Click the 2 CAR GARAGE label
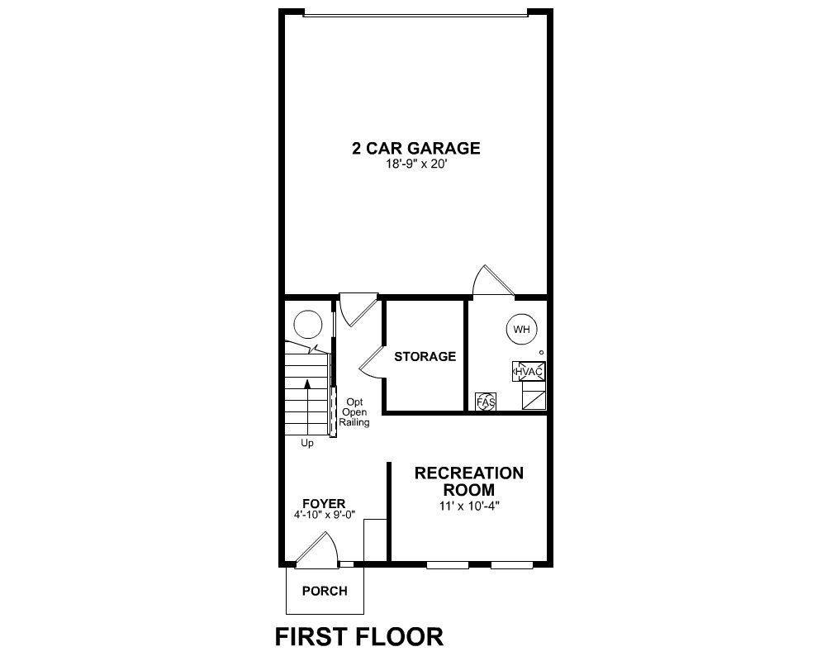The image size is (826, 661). (x=416, y=148)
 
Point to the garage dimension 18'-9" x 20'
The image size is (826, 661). (x=416, y=164)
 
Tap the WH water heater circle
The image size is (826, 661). (x=521, y=330)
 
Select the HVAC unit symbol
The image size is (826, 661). (x=529, y=372)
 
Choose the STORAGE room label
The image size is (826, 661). (x=425, y=357)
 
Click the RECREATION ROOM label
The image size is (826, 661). (x=469, y=481)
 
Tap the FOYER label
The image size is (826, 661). (x=324, y=504)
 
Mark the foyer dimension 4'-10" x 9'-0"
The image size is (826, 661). (x=325, y=515)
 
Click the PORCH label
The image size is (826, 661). (x=325, y=592)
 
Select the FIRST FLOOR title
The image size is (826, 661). (x=358, y=637)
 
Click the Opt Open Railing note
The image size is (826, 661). (x=354, y=412)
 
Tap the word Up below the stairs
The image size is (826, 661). (x=307, y=444)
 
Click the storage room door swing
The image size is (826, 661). (x=372, y=363)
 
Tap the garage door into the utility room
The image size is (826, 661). (x=492, y=280)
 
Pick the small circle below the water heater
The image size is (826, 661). (x=541, y=352)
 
